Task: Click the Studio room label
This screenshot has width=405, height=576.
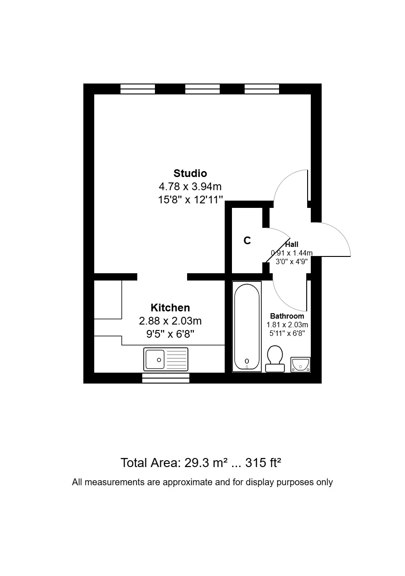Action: (190, 173)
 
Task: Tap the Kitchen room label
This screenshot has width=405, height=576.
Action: (170, 308)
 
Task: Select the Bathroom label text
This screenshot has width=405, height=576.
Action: (287, 316)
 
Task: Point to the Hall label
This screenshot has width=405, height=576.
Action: (292, 245)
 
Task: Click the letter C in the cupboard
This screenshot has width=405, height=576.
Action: (247, 241)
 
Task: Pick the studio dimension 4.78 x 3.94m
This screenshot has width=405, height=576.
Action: (190, 187)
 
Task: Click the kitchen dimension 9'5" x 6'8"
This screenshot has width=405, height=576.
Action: (170, 334)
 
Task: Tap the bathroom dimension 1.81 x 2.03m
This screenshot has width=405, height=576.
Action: (287, 325)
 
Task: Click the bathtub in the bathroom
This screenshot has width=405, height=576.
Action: (247, 327)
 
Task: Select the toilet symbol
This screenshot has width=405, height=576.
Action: (275, 359)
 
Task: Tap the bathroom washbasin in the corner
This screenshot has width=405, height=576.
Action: (300, 364)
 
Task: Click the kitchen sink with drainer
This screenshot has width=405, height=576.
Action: (166, 359)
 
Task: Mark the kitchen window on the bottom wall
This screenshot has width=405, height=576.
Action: (166, 378)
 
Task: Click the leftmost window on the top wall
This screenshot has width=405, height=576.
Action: (138, 89)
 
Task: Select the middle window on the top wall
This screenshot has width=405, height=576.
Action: (202, 89)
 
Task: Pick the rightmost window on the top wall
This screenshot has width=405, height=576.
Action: (262, 89)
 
